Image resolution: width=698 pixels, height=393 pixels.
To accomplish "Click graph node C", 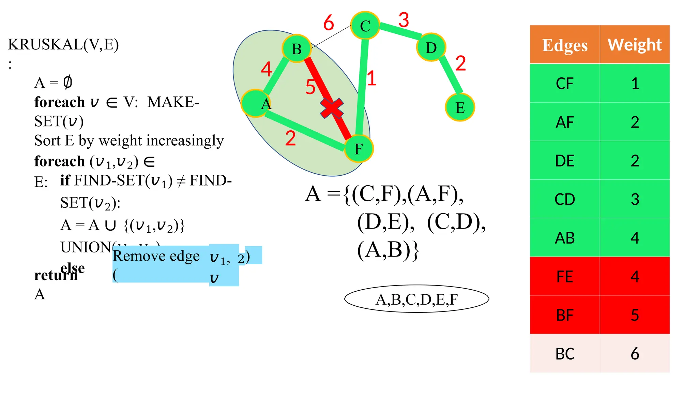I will (x=365, y=26).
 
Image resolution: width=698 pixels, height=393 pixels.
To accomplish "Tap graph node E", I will (x=460, y=107).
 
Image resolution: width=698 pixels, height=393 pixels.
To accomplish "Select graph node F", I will (x=359, y=149).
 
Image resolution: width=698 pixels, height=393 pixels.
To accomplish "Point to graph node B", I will (x=297, y=49).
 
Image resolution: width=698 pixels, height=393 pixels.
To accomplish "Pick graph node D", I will (x=431, y=47).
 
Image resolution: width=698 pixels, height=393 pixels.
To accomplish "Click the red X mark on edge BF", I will (x=332, y=108).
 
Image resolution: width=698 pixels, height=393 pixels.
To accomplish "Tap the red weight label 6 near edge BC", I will (x=329, y=23).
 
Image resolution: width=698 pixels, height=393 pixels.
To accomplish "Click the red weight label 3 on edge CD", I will (x=404, y=20).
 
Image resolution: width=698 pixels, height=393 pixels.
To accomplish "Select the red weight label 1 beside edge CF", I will (x=371, y=78).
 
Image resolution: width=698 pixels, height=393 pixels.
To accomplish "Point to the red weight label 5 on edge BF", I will (x=310, y=87).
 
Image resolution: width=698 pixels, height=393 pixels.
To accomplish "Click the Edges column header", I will (x=565, y=45).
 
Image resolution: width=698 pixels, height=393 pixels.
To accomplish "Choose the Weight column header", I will (x=635, y=45).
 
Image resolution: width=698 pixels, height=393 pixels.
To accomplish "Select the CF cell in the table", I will (x=565, y=84).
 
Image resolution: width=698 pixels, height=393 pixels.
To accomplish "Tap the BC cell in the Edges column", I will (x=565, y=354).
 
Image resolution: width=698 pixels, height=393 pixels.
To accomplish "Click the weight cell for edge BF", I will (x=635, y=315).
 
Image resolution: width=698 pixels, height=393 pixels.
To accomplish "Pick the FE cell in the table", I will (x=565, y=276).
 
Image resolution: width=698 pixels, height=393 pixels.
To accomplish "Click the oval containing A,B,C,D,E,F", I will (x=416, y=299).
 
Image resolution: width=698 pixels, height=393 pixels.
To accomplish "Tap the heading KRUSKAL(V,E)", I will (x=63, y=44).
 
